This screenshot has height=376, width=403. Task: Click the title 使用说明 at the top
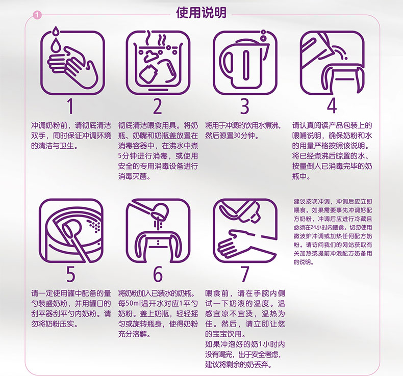201,13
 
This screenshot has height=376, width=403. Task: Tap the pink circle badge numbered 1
37,15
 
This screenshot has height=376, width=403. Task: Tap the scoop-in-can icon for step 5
71,230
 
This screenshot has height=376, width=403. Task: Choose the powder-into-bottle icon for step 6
158,230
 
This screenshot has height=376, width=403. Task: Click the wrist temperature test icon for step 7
245,230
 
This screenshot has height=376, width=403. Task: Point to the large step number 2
158,106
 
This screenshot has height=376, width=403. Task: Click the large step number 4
332,106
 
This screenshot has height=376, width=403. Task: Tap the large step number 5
71,274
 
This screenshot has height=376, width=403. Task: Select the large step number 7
245,274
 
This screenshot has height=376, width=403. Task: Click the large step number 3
245,106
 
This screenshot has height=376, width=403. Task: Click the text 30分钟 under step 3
245,136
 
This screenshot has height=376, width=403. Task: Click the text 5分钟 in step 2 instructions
127,156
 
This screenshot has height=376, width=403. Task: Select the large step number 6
158,274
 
